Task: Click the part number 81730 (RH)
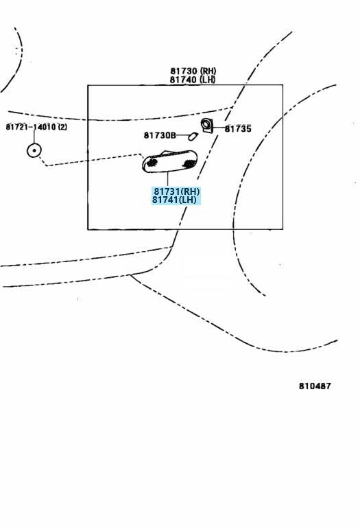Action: (193, 71)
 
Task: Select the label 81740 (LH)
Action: (193, 80)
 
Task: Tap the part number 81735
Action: (238, 129)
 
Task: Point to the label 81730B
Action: (160, 135)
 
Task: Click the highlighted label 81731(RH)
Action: (177, 191)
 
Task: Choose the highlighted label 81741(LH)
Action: (174, 200)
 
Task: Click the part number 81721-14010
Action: (31, 127)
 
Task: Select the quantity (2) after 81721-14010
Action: (62, 127)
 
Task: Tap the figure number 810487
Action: (315, 386)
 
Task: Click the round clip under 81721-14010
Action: (34, 150)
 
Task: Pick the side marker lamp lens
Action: (169, 161)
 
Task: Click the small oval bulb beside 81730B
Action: (193, 136)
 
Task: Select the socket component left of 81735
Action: (206, 126)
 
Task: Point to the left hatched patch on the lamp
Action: (152, 163)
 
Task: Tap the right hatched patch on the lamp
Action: (189, 164)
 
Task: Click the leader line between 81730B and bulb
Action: (182, 135)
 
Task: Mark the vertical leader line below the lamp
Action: (167, 179)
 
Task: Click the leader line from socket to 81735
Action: (219, 128)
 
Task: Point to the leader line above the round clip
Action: (34, 137)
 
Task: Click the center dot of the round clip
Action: (34, 150)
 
